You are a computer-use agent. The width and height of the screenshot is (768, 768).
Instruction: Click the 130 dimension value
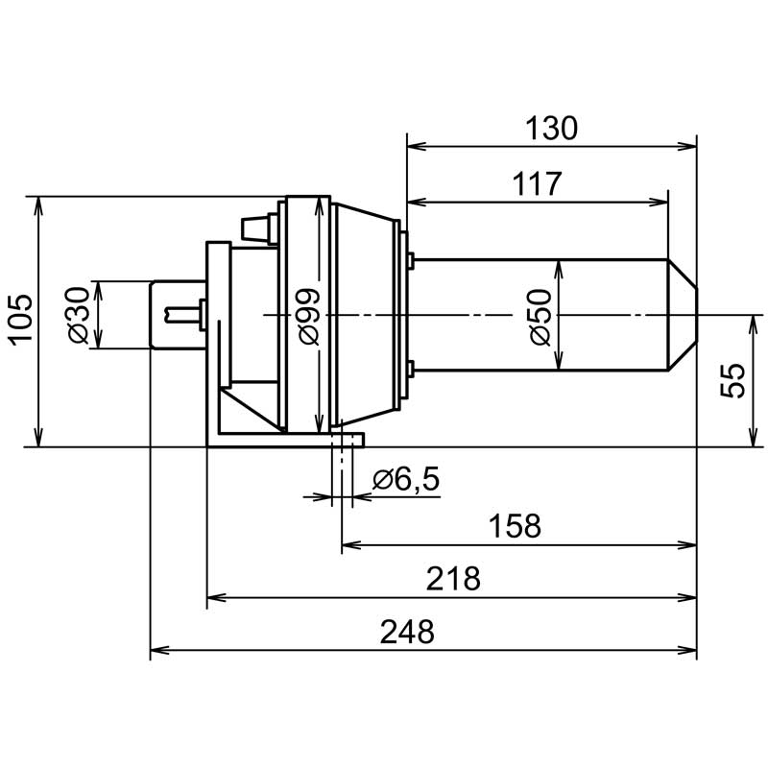click(551, 129)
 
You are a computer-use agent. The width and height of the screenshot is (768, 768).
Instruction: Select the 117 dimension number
click(537, 184)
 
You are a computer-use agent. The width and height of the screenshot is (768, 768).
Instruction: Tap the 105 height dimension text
click(22, 321)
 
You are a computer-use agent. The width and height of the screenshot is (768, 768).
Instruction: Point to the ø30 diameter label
click(78, 315)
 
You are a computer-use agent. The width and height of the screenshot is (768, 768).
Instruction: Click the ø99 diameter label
click(309, 317)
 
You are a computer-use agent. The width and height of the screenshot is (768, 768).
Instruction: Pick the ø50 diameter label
click(540, 318)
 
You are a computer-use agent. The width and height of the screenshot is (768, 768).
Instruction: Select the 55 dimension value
click(732, 380)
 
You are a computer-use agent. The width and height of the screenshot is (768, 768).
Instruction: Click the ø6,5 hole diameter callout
click(406, 479)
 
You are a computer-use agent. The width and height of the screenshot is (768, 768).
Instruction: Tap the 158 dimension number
click(515, 526)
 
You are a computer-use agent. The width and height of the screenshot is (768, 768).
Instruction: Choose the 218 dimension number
click(453, 579)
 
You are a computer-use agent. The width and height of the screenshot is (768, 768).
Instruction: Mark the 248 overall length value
click(407, 632)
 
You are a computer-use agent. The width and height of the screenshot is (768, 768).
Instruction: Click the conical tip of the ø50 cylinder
click(683, 315)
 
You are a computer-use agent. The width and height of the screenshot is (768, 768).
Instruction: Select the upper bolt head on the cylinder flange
click(411, 261)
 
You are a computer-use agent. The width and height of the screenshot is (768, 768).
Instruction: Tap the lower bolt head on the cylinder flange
click(411, 369)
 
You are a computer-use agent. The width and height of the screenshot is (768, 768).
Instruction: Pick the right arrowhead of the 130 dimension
click(686, 146)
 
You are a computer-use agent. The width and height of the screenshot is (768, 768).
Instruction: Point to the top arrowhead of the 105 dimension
click(38, 206)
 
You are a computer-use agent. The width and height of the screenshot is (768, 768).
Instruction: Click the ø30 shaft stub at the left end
click(178, 315)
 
